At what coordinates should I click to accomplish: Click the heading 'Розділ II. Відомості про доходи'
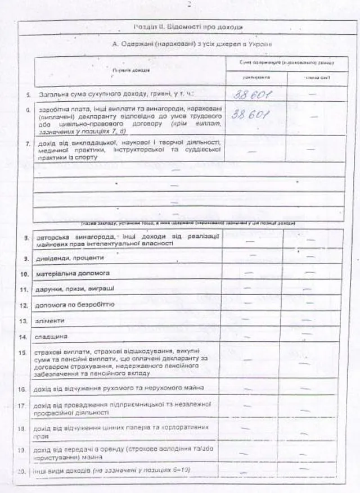[x=188, y=26]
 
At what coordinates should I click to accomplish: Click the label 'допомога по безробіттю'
[x=75, y=305]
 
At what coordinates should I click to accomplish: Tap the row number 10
[x=24, y=274]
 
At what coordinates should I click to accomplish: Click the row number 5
[x=28, y=93]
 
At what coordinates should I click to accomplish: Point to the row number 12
[x=24, y=305]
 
